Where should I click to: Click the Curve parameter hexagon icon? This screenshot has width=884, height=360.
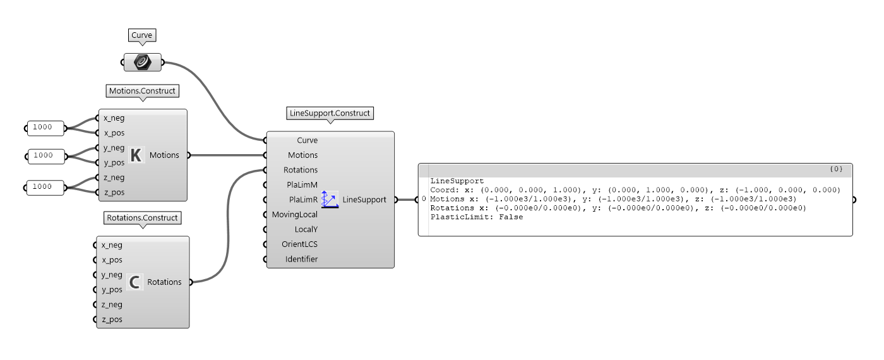click(143, 63)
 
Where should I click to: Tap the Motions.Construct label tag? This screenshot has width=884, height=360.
click(142, 91)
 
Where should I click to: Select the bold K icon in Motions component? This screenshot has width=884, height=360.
click(136, 155)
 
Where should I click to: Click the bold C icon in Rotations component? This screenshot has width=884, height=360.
click(134, 282)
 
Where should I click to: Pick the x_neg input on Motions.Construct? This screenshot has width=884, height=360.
click(114, 118)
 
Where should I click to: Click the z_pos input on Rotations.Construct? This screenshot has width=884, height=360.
click(112, 320)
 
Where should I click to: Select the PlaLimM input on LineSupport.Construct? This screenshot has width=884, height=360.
click(302, 184)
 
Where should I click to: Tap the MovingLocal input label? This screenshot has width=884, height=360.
click(294, 214)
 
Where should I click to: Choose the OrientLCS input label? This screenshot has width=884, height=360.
click(299, 244)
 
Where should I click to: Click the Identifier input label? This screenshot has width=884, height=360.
click(301, 259)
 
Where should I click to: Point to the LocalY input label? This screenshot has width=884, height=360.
click(306, 229)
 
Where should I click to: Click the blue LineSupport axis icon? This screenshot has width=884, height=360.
click(330, 200)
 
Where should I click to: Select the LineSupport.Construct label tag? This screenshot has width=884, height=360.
click(330, 113)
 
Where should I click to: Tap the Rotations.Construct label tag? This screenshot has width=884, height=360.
click(142, 218)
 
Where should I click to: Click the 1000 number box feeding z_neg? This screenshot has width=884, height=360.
click(45, 188)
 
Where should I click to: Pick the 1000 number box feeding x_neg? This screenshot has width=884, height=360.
click(45, 128)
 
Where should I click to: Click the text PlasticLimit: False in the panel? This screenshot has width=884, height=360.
click(476, 217)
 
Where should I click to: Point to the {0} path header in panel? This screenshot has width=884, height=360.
click(836, 169)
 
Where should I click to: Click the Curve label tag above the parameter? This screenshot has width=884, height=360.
click(141, 35)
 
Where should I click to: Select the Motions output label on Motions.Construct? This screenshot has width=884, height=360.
click(164, 155)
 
